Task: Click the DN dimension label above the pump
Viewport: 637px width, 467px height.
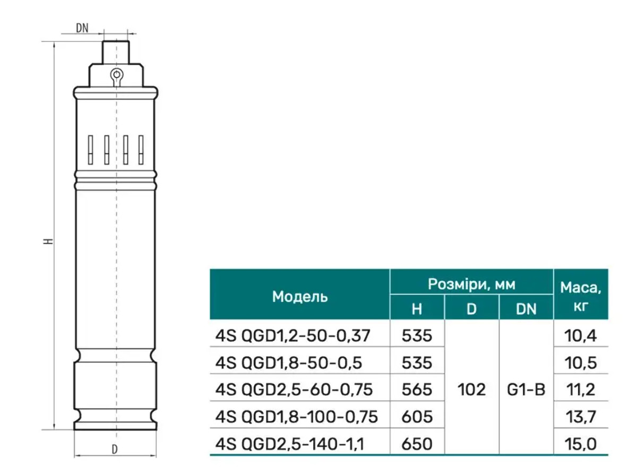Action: pyautogui.click(x=82, y=28)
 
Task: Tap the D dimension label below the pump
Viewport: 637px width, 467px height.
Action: pyautogui.click(x=115, y=450)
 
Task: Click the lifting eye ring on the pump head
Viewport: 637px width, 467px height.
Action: pyautogui.click(x=117, y=75)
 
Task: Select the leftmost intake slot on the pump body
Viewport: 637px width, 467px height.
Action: pyautogui.click(x=90, y=150)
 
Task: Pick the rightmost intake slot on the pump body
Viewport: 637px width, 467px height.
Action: pyautogui.click(x=141, y=150)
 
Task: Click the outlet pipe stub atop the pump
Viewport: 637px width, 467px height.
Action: pyautogui.click(x=116, y=53)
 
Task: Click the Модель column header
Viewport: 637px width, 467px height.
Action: pyautogui.click(x=300, y=297)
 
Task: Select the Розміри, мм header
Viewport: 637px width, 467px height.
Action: pyautogui.click(x=471, y=284)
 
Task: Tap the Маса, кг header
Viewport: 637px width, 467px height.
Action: pyautogui.click(x=581, y=297)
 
